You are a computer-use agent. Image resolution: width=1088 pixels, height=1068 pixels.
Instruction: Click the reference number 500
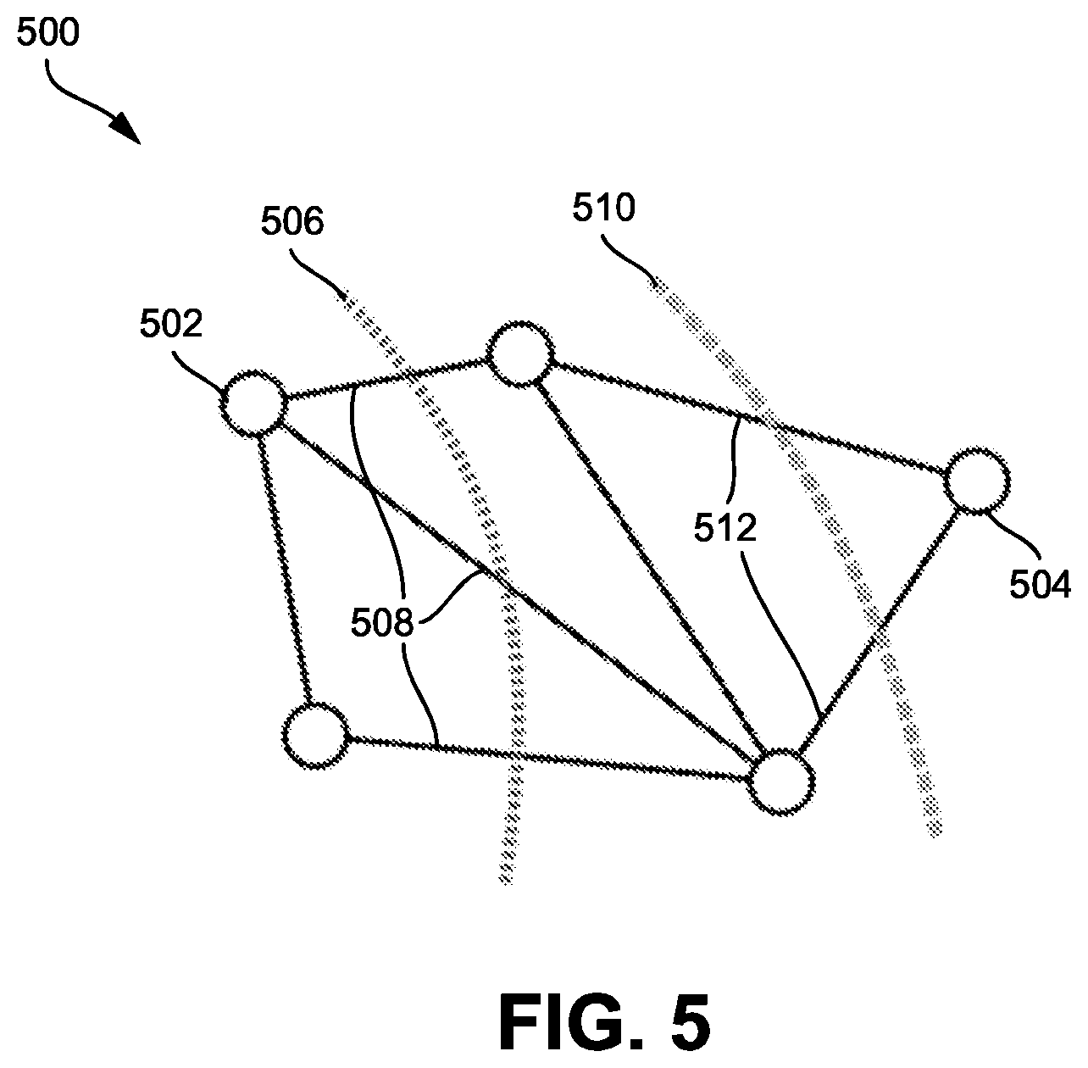tap(48, 33)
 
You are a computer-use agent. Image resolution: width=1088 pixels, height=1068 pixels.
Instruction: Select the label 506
tap(291, 221)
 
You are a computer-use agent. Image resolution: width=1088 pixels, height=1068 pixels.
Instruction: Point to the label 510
tap(603, 208)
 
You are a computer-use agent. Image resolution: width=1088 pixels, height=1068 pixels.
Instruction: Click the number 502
tap(171, 324)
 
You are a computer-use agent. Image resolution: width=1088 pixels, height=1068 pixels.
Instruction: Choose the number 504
tap(1040, 585)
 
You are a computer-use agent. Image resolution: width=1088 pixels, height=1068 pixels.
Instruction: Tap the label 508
tap(382, 624)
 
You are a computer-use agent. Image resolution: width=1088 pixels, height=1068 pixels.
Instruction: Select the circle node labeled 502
tap(253, 403)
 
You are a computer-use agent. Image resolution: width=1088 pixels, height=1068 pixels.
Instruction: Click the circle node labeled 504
tap(977, 481)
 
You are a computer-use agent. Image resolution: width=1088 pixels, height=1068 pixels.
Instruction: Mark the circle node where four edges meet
tap(781, 782)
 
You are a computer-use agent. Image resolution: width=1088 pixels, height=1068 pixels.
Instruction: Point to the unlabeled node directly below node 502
tap(315, 736)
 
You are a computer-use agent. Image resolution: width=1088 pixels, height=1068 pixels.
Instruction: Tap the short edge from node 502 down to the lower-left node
tap(284, 570)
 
